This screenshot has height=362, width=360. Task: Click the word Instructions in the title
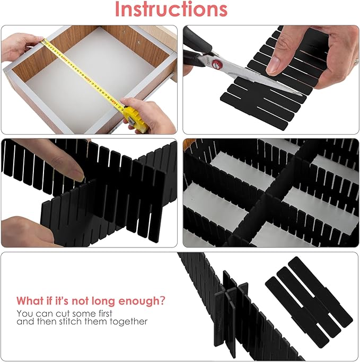(x=171, y=10)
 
